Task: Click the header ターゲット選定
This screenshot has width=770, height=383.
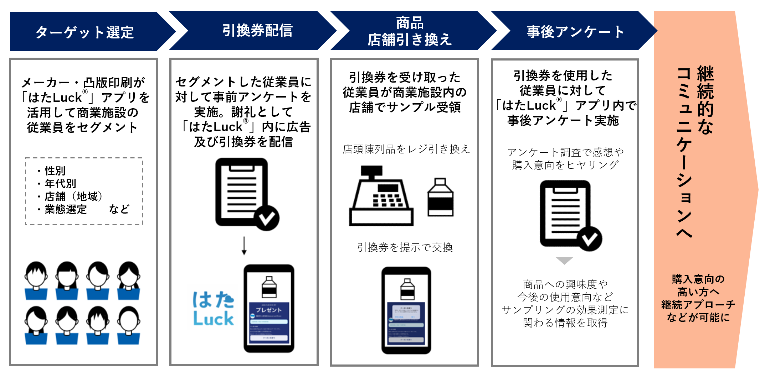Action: [85, 32]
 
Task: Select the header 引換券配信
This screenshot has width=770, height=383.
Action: [257, 30]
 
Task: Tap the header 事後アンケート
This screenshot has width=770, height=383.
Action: [575, 32]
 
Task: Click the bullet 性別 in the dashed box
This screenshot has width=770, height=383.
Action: [55, 171]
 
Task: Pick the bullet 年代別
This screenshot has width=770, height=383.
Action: [60, 184]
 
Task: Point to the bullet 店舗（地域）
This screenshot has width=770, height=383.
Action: [73, 196]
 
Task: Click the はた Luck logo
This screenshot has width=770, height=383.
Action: [213, 309]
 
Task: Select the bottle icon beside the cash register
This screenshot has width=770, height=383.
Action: [440, 198]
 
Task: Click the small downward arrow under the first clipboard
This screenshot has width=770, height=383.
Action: [244, 246]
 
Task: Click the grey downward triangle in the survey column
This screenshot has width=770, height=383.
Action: [564, 261]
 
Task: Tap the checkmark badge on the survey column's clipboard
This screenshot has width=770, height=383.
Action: [589, 239]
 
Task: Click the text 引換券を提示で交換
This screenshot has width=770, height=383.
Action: [405, 247]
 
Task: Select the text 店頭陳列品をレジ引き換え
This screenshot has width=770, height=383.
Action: [406, 149]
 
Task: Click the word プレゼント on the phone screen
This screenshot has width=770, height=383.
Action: [268, 310]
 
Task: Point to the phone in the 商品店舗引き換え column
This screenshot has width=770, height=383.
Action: [406, 310]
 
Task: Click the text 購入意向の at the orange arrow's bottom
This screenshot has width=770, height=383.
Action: [698, 279]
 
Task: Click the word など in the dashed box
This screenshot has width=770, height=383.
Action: [119, 209]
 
